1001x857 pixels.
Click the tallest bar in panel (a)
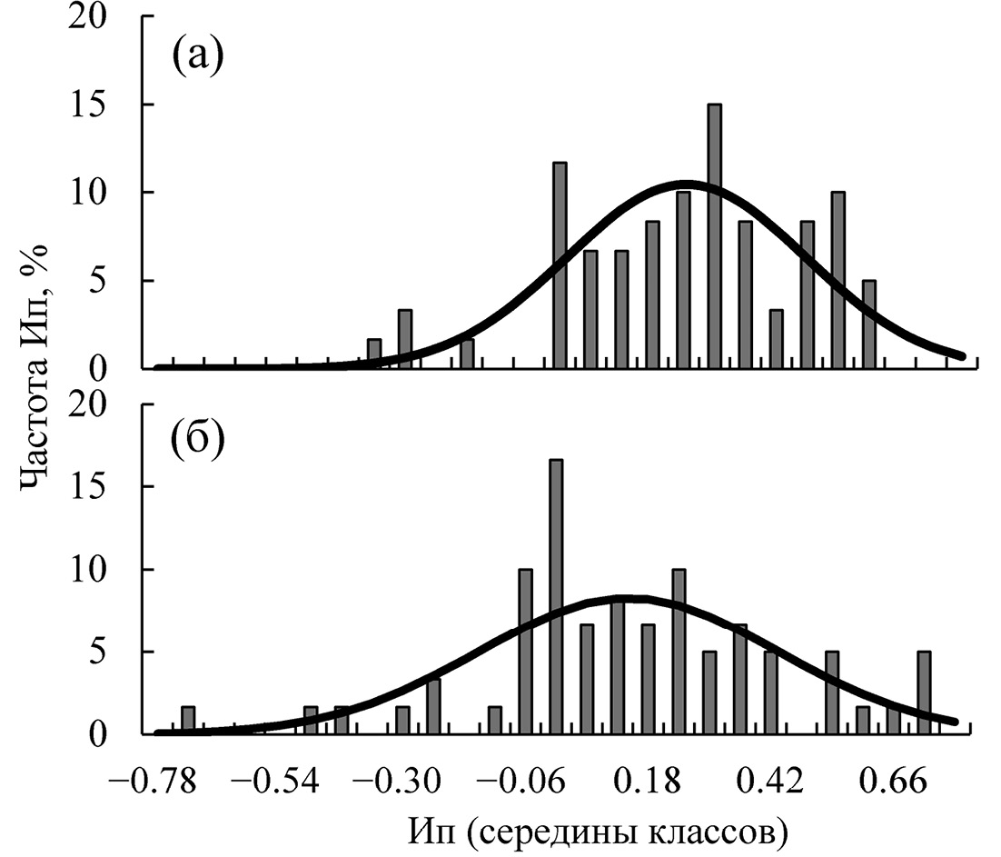coord(715,236)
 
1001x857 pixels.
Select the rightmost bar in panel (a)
coord(869,324)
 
